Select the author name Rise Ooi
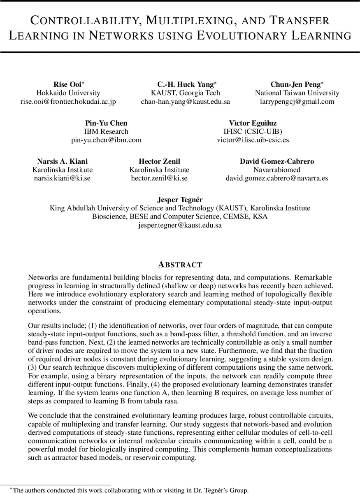coord(68,84)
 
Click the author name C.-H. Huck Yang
coord(186,84)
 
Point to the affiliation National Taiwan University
coord(297,93)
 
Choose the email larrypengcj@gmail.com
coord(297,102)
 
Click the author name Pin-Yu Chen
coord(106,123)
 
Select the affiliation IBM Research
coord(106,132)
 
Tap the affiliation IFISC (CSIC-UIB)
coord(253,132)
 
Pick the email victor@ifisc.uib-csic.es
coord(253,140)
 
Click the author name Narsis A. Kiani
coord(63,161)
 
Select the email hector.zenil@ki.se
coord(159,178)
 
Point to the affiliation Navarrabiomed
coord(276,170)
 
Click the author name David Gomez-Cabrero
coord(276,161)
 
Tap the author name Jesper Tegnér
coord(180,200)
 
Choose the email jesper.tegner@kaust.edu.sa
coord(180,225)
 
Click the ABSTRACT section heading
coord(180,265)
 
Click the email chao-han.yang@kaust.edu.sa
coord(186,102)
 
